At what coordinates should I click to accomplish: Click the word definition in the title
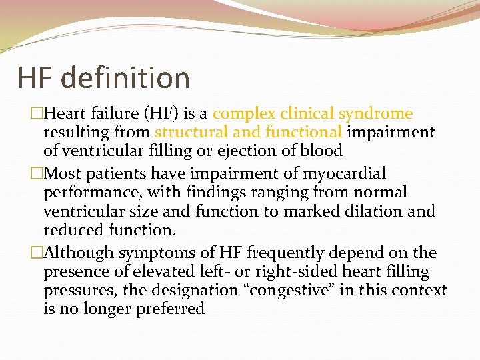pyautogui.click(x=127, y=78)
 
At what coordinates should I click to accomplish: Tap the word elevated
pyautogui.click(x=154, y=272)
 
